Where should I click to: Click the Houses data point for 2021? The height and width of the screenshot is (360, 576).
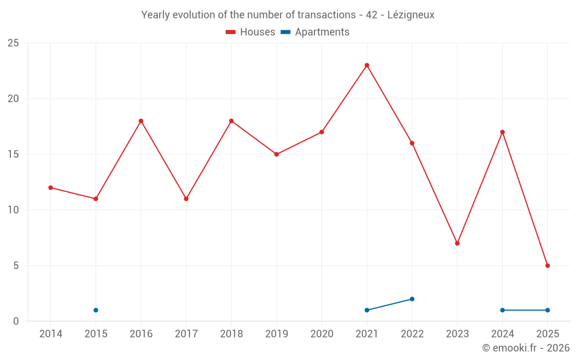(x=367, y=65)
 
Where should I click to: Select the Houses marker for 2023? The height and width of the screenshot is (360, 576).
(x=457, y=243)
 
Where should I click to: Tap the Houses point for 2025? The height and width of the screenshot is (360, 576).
(x=548, y=266)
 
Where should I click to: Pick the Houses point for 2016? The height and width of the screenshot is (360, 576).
(x=141, y=121)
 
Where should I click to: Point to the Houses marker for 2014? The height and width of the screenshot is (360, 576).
(x=51, y=188)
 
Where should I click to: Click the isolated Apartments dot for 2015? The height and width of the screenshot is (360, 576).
(x=96, y=310)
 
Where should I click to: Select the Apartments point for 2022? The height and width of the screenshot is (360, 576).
(x=412, y=299)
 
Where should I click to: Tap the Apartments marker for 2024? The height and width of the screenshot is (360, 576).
(x=502, y=310)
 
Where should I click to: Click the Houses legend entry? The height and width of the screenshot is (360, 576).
(x=251, y=32)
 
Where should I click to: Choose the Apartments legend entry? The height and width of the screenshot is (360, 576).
(x=315, y=32)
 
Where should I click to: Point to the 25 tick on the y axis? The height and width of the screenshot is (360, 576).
(x=13, y=43)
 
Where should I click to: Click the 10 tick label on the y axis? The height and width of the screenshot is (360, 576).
(x=13, y=210)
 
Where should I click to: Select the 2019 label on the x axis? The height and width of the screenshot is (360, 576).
(x=276, y=334)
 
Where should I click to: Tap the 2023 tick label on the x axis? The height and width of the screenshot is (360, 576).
(x=457, y=334)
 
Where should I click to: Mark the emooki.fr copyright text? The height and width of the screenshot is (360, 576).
(x=526, y=348)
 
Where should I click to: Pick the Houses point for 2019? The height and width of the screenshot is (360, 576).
(x=276, y=154)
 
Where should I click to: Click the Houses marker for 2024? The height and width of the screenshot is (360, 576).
(x=502, y=132)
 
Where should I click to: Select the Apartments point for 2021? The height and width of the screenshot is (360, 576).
(x=367, y=310)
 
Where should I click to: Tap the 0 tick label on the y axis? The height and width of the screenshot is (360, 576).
(x=16, y=321)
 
